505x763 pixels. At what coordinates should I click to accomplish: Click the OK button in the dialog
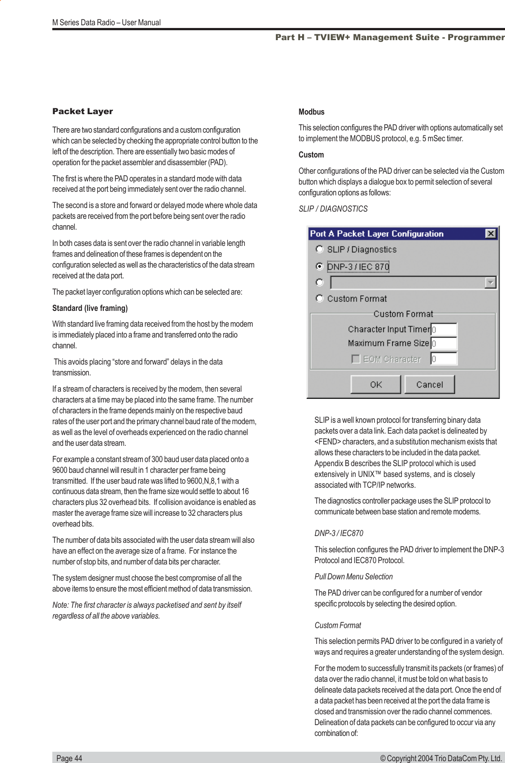(376, 384)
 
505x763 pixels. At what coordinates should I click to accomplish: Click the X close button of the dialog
(491, 234)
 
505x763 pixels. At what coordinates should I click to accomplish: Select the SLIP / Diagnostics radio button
(320, 249)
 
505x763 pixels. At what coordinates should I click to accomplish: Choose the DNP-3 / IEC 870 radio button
(320, 266)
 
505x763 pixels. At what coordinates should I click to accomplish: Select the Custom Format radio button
(320, 298)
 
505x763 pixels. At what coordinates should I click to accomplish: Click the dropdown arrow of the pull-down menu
(490, 283)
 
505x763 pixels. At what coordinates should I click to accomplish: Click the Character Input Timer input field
(444, 329)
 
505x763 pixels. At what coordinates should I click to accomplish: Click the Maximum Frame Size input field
(444, 343)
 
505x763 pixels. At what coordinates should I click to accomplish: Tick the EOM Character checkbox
(356, 359)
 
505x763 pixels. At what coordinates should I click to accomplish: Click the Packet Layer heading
(83, 111)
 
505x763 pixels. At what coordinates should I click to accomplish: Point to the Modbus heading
(311, 112)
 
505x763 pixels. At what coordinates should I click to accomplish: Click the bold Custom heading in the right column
(311, 155)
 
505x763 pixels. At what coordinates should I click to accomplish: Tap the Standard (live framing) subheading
(90, 308)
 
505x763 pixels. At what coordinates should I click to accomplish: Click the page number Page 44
(69, 758)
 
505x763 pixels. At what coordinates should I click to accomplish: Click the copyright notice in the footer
(441, 758)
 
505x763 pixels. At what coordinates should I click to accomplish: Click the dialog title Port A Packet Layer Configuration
(376, 234)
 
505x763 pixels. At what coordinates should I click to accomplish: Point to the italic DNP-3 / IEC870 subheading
(338, 533)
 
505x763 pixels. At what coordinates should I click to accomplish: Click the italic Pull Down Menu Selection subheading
(353, 577)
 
